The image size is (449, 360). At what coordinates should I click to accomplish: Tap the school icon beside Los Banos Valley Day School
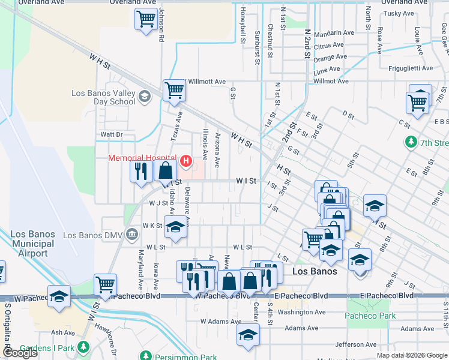click(x=144, y=97)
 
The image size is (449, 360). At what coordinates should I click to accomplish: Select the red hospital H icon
click(x=186, y=161)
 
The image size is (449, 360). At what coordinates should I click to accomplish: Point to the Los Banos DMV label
click(x=88, y=235)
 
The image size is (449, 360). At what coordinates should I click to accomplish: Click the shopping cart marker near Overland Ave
click(x=146, y=19)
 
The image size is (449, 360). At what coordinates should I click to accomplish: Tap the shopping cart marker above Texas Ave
click(x=174, y=91)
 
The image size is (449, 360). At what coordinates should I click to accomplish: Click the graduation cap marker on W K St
click(x=175, y=228)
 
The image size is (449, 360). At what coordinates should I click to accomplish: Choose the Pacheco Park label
click(x=371, y=316)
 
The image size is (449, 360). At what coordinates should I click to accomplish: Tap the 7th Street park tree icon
click(x=411, y=143)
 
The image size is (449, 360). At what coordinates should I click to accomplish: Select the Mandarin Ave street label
click(x=334, y=33)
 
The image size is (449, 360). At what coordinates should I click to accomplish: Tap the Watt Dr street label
click(x=112, y=134)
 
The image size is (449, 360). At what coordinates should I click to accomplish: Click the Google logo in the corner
click(x=20, y=353)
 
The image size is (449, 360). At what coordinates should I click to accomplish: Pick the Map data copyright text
click(x=411, y=355)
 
